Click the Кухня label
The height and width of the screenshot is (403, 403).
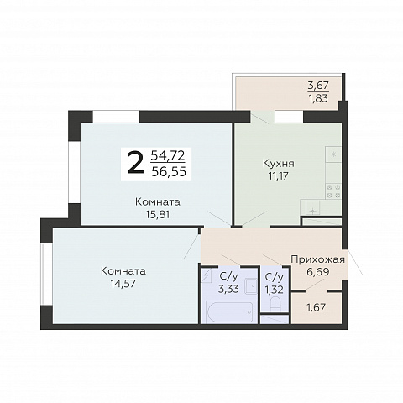coord(279,163)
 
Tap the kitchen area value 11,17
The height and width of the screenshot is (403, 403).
coord(278,176)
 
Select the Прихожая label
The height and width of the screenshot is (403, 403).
coord(317,259)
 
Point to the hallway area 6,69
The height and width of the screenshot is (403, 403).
coord(317,272)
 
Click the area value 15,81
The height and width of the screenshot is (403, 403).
coord(158,215)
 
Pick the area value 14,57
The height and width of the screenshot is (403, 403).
coord(123,284)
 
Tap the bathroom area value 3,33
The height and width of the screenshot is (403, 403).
coord(228,289)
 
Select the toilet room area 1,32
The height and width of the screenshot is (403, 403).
coord(275,290)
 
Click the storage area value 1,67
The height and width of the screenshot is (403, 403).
coord(317,307)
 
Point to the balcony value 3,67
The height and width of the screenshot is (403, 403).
coord(318,85)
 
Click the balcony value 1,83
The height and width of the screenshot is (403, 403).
coord(318,98)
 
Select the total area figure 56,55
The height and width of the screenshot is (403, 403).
coord(169,171)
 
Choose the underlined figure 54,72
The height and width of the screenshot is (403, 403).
coord(168,155)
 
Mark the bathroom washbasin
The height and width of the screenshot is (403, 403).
coord(251,286)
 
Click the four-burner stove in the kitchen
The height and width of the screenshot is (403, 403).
coord(334,191)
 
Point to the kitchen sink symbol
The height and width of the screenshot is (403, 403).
coord(313,207)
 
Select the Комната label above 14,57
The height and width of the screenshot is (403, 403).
coord(123,271)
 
